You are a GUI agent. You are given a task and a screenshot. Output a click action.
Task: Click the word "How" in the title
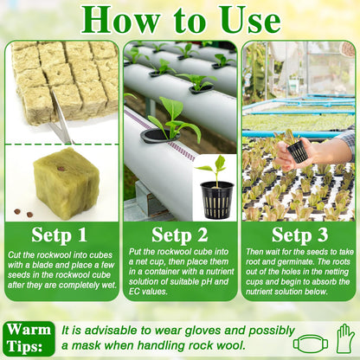(120, 19)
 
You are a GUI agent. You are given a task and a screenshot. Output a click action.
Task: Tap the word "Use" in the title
(251, 19)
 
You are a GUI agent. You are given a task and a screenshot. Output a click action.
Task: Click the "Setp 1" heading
(59, 235)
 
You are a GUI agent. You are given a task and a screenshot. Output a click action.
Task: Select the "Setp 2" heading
(180, 235)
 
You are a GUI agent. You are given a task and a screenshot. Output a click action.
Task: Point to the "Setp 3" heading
(299, 235)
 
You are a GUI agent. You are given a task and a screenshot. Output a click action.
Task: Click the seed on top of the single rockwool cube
(61, 168)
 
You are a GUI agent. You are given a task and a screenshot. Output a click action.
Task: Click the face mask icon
(311, 344)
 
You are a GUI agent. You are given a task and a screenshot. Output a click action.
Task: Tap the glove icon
(345, 338)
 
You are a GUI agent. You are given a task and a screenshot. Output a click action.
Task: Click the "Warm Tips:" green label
(29, 338)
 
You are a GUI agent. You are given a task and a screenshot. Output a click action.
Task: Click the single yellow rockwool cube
(67, 183)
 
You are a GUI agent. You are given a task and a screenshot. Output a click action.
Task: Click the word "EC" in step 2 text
(134, 292)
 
